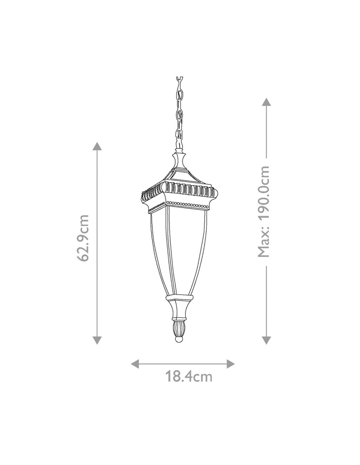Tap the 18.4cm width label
(189, 376)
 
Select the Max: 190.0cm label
(264, 212)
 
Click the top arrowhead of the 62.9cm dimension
(97, 146)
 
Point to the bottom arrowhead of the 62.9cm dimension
(97, 341)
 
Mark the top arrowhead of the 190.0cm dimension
(266, 102)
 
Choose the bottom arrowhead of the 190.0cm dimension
(266, 341)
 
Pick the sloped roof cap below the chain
(179, 172)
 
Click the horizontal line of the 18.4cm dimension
(183, 363)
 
